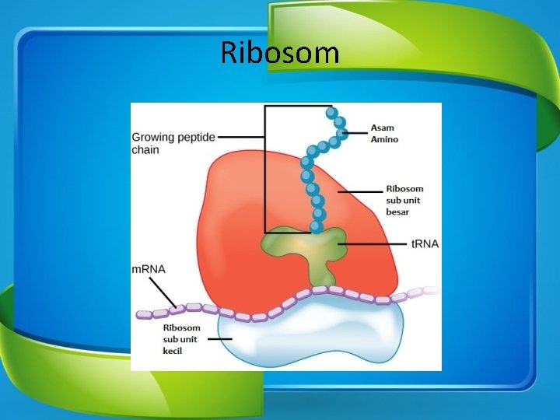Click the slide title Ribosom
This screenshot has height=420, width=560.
coord(280,53)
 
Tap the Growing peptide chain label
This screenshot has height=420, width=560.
coord(173,142)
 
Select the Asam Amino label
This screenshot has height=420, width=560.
coord(384,133)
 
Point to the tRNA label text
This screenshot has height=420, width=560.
coord(425,243)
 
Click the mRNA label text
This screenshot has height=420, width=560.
coord(149,269)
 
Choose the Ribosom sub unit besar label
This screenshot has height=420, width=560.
coord(404,200)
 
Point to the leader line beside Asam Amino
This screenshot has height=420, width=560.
coord(356,133)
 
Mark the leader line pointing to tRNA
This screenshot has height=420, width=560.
coord(373,243)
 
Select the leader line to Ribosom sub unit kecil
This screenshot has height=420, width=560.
coord(221,339)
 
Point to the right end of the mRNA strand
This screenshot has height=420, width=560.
coord(432,290)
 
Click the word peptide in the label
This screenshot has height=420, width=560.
coord(196,137)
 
